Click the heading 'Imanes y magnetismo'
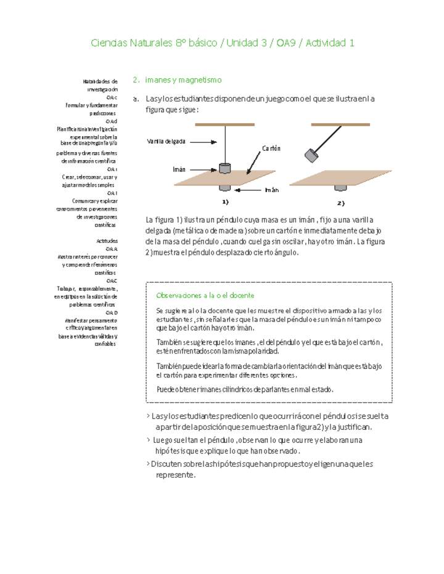pyautogui.click(x=183, y=80)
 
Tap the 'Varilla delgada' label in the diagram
pyautogui.click(x=166, y=142)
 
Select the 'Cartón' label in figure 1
pyautogui.click(x=271, y=148)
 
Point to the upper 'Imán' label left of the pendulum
pyautogui.click(x=179, y=169)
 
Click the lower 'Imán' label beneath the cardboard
pyautogui.click(x=272, y=190)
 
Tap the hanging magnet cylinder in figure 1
pyautogui.click(x=225, y=168)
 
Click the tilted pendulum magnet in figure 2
pyautogui.click(x=311, y=155)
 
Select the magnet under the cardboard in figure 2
pyautogui.click(x=340, y=187)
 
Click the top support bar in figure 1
pyautogui.click(x=224, y=124)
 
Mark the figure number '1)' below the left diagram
pyautogui.click(x=226, y=202)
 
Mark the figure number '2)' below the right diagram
pyautogui.click(x=340, y=203)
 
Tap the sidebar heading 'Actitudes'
pyautogui.click(x=107, y=241)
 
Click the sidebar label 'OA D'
pyautogui.click(x=112, y=313)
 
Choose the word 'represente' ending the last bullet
pyautogui.click(x=176, y=475)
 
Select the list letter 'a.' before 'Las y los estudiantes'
pyautogui.click(x=136, y=99)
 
